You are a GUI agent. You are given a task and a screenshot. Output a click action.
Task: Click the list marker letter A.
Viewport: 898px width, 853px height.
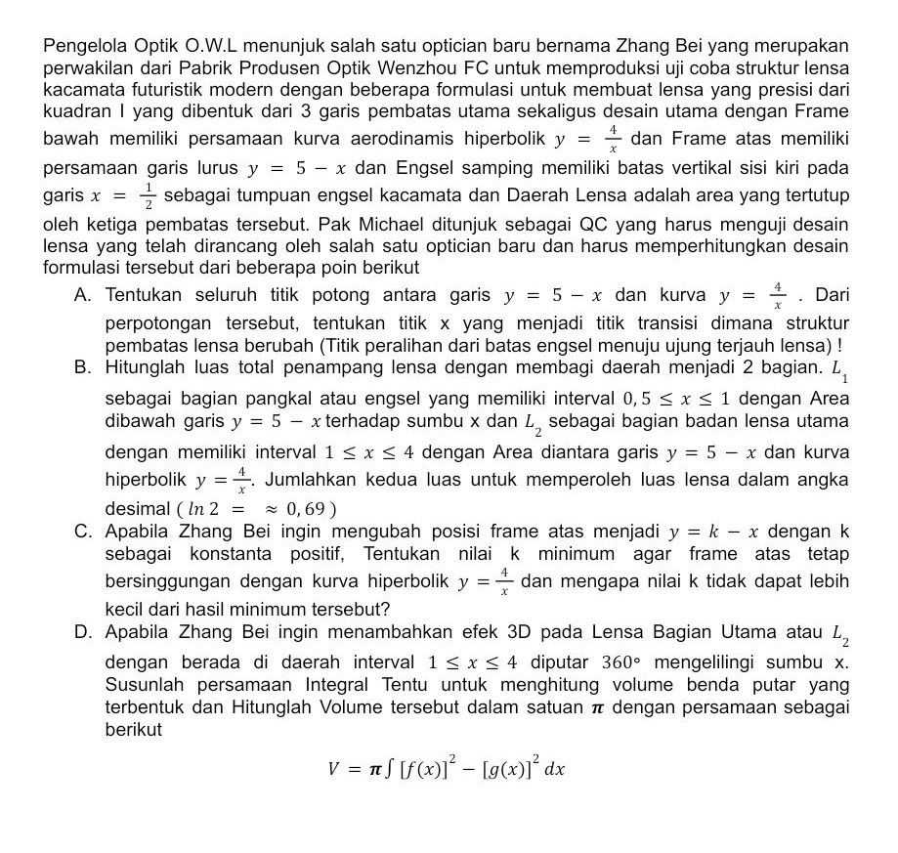(x=82, y=294)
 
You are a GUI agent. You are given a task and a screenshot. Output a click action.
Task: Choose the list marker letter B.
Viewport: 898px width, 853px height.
(x=82, y=367)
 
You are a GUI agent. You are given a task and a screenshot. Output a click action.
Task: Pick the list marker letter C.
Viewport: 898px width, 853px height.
(x=82, y=532)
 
